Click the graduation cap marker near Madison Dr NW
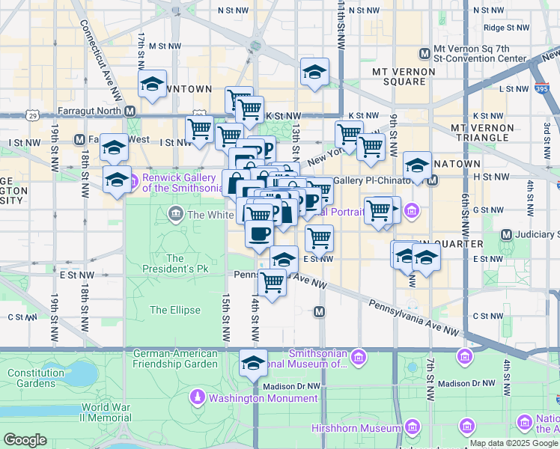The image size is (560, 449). (x=253, y=363)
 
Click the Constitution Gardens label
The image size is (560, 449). (x=31, y=378)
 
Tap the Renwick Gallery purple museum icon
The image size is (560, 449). (x=133, y=180)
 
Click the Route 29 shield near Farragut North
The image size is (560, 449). (x=31, y=115)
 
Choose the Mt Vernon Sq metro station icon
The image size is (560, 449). (x=424, y=53)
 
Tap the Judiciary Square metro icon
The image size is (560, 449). (x=506, y=234)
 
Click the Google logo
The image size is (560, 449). (x=25, y=439)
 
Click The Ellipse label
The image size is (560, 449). (x=175, y=310)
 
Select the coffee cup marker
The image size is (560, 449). (x=259, y=233)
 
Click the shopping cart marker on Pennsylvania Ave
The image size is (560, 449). (x=272, y=282)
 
